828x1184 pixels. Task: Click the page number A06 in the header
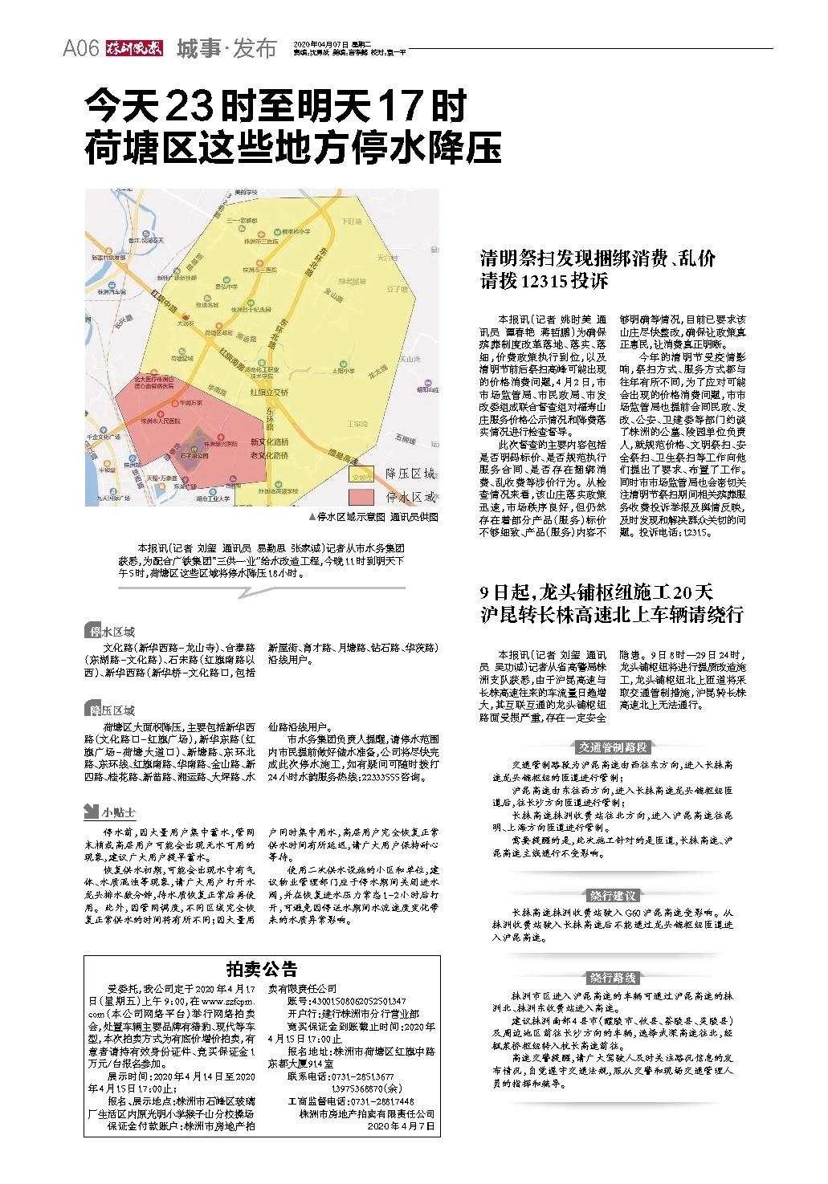pyautogui.click(x=80, y=49)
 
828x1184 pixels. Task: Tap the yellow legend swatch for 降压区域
pyautogui.click(x=361, y=474)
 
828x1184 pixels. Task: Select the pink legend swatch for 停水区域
pyautogui.click(x=361, y=497)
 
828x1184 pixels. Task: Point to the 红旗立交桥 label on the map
pyautogui.click(x=269, y=393)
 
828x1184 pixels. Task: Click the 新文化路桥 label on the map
pyautogui.click(x=269, y=442)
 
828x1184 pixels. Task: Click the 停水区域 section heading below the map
pyautogui.click(x=112, y=632)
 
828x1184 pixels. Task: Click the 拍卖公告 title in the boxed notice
pyautogui.click(x=263, y=969)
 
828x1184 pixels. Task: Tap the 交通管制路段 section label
pyautogui.click(x=613, y=747)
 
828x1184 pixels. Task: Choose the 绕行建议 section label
pyautogui.click(x=613, y=896)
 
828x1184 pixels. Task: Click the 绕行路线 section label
pyautogui.click(x=613, y=977)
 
